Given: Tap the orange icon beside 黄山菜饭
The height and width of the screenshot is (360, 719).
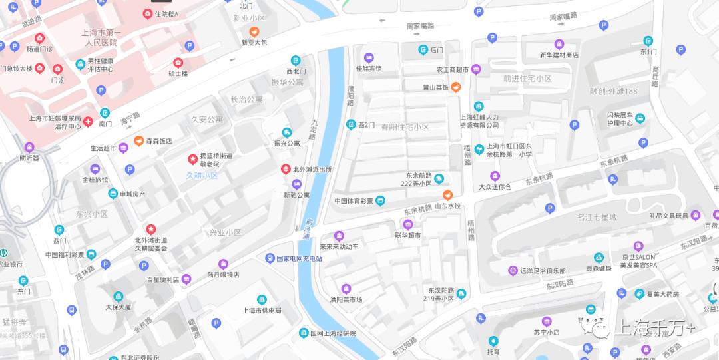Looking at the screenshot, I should pos(456,87).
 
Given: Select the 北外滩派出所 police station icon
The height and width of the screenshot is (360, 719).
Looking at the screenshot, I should pos(286,169).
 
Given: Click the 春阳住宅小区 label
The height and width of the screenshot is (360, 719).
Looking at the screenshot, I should pos(405,126).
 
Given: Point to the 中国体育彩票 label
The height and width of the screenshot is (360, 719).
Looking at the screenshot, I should pos(354,200).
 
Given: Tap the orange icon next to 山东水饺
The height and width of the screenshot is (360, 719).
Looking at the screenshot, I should pos(448,195).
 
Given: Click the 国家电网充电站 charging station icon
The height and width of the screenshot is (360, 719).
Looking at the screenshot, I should pos(270,258).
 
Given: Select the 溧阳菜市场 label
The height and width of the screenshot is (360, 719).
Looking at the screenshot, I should pos(345,299).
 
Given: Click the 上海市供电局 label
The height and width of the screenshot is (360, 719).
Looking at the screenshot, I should pos(261,310).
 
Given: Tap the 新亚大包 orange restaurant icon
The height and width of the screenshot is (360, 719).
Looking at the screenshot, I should pos(254,31).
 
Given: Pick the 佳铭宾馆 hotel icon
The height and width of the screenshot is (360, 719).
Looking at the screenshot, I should pos(369,57).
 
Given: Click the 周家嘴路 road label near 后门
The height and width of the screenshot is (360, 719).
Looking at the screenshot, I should pos(420,26).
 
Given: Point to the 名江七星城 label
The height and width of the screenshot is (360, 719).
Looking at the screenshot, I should pos(597,217).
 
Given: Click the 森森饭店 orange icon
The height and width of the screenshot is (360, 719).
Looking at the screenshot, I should pos(139,140).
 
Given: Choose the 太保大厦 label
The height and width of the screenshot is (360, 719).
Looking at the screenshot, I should pos(118,307).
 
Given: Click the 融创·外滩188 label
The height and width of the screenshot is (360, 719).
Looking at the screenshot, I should pos(613,91).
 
